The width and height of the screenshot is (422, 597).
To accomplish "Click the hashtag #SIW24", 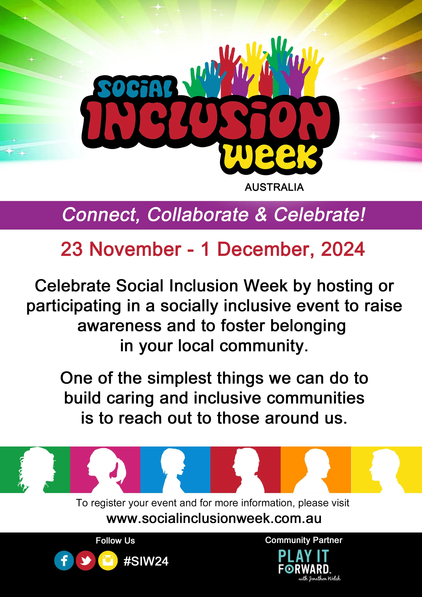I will point(146,561).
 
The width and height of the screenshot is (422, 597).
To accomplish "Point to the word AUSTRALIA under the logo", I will point(274,187).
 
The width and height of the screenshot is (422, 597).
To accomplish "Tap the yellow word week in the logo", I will point(270,157).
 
